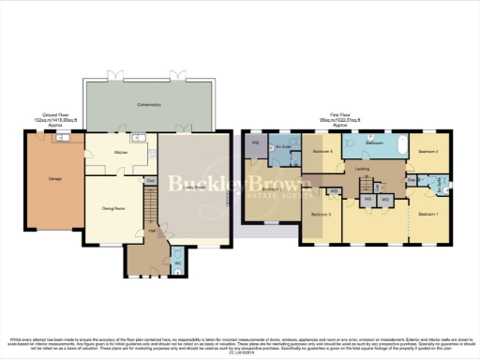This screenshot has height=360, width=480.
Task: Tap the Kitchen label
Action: (x=120, y=151)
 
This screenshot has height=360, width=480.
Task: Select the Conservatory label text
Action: (x=148, y=103)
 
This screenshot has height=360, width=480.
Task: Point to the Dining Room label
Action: (x=112, y=197)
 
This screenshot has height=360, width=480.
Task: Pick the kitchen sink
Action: (x=138, y=139)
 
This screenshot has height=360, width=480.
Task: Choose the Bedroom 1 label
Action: (x=428, y=216)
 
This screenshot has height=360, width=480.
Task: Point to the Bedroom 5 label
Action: (x=322, y=151)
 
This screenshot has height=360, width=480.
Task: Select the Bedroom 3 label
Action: (x=322, y=215)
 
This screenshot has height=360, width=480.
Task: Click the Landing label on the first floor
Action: (x=362, y=170)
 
